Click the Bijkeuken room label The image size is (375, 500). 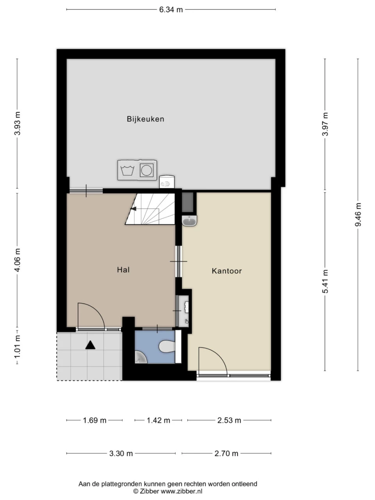coord(145,119)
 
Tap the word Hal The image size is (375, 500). coord(123,270)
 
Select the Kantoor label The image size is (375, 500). coord(227,271)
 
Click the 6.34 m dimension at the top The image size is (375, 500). coord(171,10)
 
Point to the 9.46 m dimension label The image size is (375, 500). coord(358,214)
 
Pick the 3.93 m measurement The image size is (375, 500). coord(17,123)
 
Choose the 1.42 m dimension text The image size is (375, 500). coord(158,420)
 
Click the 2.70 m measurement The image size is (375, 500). coord(226,454)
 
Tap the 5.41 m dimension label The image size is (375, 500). coord(325,281)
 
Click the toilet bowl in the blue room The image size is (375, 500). coord(167,347)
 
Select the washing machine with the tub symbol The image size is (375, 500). coord(127,170)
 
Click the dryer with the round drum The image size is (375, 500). coord(147,170)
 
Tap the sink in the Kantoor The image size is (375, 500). coord(189,220)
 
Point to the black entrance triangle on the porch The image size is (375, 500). coord(90,345)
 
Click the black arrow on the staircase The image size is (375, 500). coord(134,209)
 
